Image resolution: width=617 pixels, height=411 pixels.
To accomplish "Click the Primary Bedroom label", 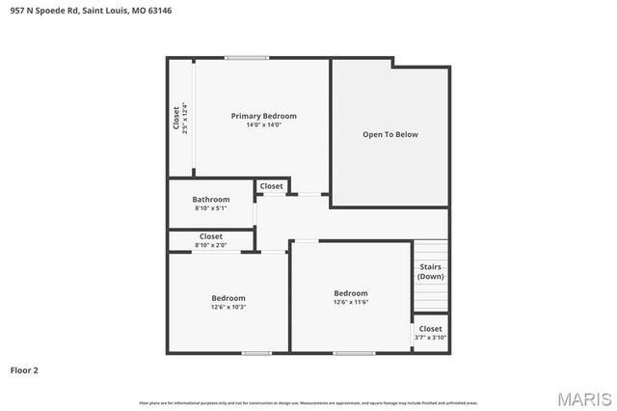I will (x=263, y=116).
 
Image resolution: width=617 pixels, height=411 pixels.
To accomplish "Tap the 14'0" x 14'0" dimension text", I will (x=263, y=124).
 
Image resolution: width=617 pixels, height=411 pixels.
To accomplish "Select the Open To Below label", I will (x=389, y=134).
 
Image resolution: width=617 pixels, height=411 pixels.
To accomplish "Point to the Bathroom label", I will (x=210, y=199).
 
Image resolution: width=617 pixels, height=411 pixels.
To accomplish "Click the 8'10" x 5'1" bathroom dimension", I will (x=210, y=207).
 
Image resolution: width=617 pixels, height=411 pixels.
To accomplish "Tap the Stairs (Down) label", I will (x=430, y=272).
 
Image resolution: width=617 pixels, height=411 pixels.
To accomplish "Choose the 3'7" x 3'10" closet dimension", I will (x=430, y=338).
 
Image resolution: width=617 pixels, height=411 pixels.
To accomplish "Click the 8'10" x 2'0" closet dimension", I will (x=210, y=245).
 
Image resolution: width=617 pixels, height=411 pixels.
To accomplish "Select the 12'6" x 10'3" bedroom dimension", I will (x=228, y=307).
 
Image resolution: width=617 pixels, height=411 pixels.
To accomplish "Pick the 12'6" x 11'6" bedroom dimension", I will (x=351, y=302).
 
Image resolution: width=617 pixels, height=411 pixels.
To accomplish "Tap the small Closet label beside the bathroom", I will (x=271, y=186).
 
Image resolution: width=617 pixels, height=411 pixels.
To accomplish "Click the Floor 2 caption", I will (x=24, y=370).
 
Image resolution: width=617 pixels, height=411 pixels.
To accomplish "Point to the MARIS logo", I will (x=583, y=398).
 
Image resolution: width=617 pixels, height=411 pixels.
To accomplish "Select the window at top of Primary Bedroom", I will (x=247, y=58).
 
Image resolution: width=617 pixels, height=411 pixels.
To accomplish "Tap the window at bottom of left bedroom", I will (x=255, y=353).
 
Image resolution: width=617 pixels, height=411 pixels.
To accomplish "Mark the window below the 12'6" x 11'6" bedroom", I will (x=354, y=353).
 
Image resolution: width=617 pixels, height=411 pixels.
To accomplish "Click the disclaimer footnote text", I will (x=308, y=402).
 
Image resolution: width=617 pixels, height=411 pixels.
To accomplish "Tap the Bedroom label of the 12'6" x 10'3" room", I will (x=228, y=298).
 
